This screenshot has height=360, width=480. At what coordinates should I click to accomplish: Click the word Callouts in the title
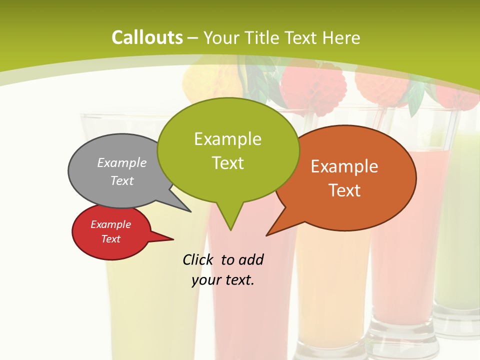coord(147,37)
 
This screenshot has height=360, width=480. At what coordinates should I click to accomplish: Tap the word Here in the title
coord(341,37)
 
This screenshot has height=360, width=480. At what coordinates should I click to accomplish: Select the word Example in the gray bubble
coord(122,163)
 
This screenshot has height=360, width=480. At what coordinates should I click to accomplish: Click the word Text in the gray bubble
coord(122,181)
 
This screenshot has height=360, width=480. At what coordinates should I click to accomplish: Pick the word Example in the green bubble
coord(227,139)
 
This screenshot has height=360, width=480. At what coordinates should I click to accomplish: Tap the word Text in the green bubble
coord(227,163)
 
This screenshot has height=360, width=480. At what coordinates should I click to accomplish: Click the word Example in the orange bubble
coord(344,166)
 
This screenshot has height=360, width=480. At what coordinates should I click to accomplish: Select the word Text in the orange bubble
coord(344,190)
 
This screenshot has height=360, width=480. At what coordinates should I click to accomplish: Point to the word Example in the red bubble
coord(110,225)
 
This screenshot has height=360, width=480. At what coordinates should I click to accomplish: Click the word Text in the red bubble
coord(110,239)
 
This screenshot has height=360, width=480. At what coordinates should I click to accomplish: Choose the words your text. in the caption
coord(223,280)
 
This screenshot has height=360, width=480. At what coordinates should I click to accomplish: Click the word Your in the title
coord(220,37)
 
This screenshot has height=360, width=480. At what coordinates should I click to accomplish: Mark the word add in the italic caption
coord(251,259)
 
